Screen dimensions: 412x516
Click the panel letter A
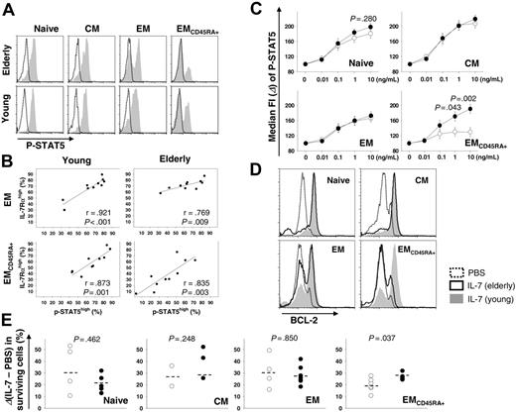click(7, 8)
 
